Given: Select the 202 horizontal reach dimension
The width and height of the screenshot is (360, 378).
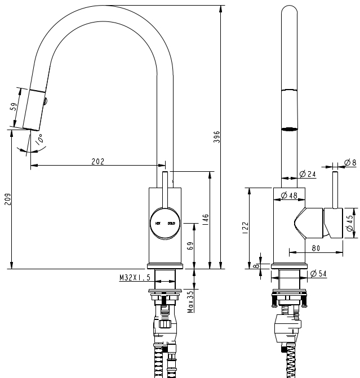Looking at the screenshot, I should click(97, 161).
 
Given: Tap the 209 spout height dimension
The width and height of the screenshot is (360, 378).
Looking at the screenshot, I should click(7, 200).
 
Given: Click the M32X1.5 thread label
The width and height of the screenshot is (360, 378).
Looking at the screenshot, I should click(135, 277).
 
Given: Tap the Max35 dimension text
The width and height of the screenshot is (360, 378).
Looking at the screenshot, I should click(190, 301).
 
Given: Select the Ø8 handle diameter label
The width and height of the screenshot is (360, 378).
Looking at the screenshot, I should click(349, 163).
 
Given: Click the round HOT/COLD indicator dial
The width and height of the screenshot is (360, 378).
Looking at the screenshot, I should click(165, 223).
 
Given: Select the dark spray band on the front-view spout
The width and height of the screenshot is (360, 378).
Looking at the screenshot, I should click(288, 128).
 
